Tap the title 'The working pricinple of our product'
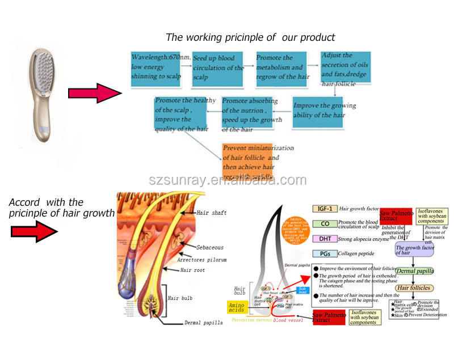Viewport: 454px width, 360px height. pyautogui.click(x=250, y=37)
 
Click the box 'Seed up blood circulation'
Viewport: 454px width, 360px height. pyautogui.click(x=218, y=70)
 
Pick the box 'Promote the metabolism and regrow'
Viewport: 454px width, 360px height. pyautogui.click(x=282, y=70)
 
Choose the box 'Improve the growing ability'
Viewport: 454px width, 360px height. pyautogui.click(x=325, y=111)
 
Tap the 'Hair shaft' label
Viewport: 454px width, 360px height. pyautogui.click(x=212, y=213)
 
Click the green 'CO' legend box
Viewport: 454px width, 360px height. pyautogui.click(x=325, y=223)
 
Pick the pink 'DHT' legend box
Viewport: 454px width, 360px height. pyautogui.click(x=325, y=239)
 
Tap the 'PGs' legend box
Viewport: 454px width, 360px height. pyautogui.click(x=325, y=253)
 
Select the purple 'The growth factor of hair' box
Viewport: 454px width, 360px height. pyautogui.click(x=415, y=250)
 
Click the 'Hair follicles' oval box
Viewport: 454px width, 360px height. pyautogui.click(x=414, y=288)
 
